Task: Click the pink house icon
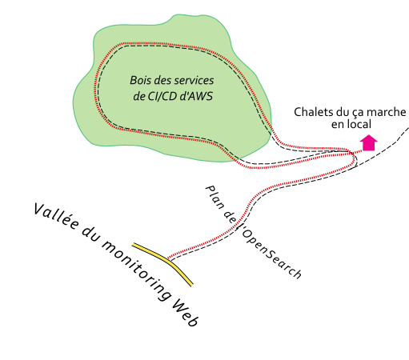[369, 144]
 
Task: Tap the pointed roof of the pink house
[369, 137]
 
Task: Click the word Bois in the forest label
[141, 81]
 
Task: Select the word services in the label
[193, 81]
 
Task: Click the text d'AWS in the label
[197, 97]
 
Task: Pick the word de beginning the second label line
[139, 97]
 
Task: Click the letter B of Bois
[133, 81]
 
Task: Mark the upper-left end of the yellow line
[134, 245]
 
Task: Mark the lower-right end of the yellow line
[192, 285]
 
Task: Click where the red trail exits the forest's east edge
[272, 130]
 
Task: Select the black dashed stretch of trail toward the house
[320, 149]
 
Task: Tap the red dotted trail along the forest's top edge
[160, 43]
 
